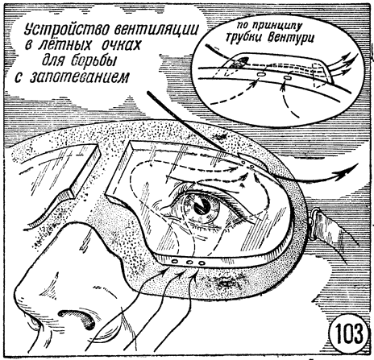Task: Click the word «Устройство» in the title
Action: pos(66,29)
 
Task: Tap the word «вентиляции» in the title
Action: pos(156,29)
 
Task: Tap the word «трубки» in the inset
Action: pos(244,37)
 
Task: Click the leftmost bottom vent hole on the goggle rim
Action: pos(175,261)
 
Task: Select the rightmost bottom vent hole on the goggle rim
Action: pos(202,263)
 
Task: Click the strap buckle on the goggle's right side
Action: pos(312,221)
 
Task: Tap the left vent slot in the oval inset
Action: pos(261,74)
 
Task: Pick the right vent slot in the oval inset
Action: pos(288,78)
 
